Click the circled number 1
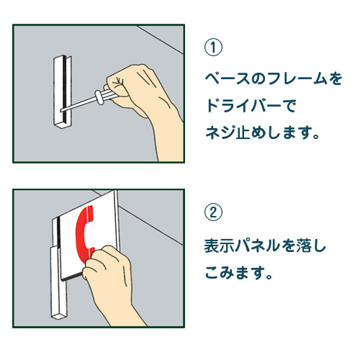[214, 48]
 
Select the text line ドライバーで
[251, 106]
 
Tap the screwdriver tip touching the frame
[64, 108]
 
